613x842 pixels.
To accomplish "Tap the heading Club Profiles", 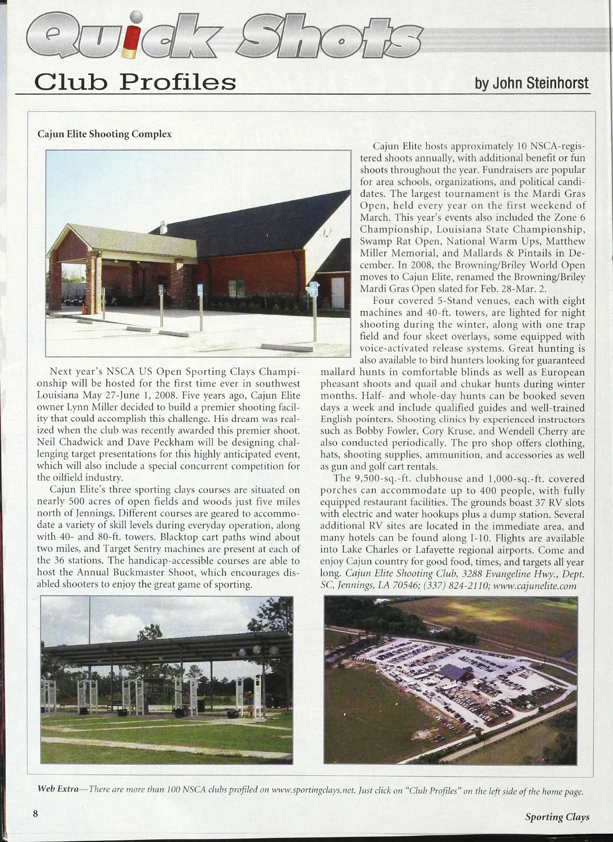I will point(135,82).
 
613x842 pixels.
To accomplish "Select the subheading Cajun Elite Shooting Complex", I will point(104,134).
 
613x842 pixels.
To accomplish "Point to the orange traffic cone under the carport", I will point(84,308).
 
